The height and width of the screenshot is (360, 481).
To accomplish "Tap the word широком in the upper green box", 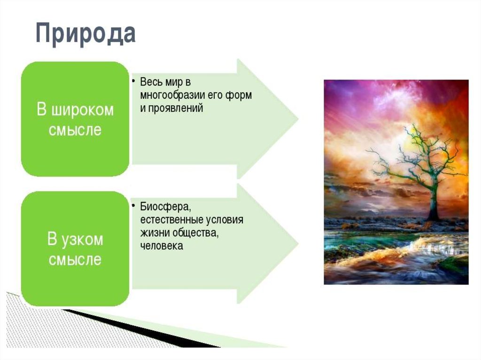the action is (x=82, y=109).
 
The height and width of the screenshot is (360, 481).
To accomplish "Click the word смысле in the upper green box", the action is (x=75, y=130).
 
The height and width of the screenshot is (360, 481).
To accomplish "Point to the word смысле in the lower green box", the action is (x=75, y=260).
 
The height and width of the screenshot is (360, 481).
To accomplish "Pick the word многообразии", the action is (x=173, y=95).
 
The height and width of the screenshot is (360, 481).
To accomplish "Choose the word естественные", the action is (x=172, y=220).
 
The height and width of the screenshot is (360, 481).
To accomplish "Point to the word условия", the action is (x=225, y=220).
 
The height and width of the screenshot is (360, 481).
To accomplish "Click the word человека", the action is (x=162, y=246).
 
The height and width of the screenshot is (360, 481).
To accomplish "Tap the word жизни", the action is (x=155, y=233).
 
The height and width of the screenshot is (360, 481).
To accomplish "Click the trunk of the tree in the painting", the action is (x=434, y=199).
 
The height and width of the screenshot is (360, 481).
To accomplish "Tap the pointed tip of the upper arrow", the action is (x=298, y=119).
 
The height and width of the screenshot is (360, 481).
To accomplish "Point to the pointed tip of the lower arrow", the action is (x=298, y=244).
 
